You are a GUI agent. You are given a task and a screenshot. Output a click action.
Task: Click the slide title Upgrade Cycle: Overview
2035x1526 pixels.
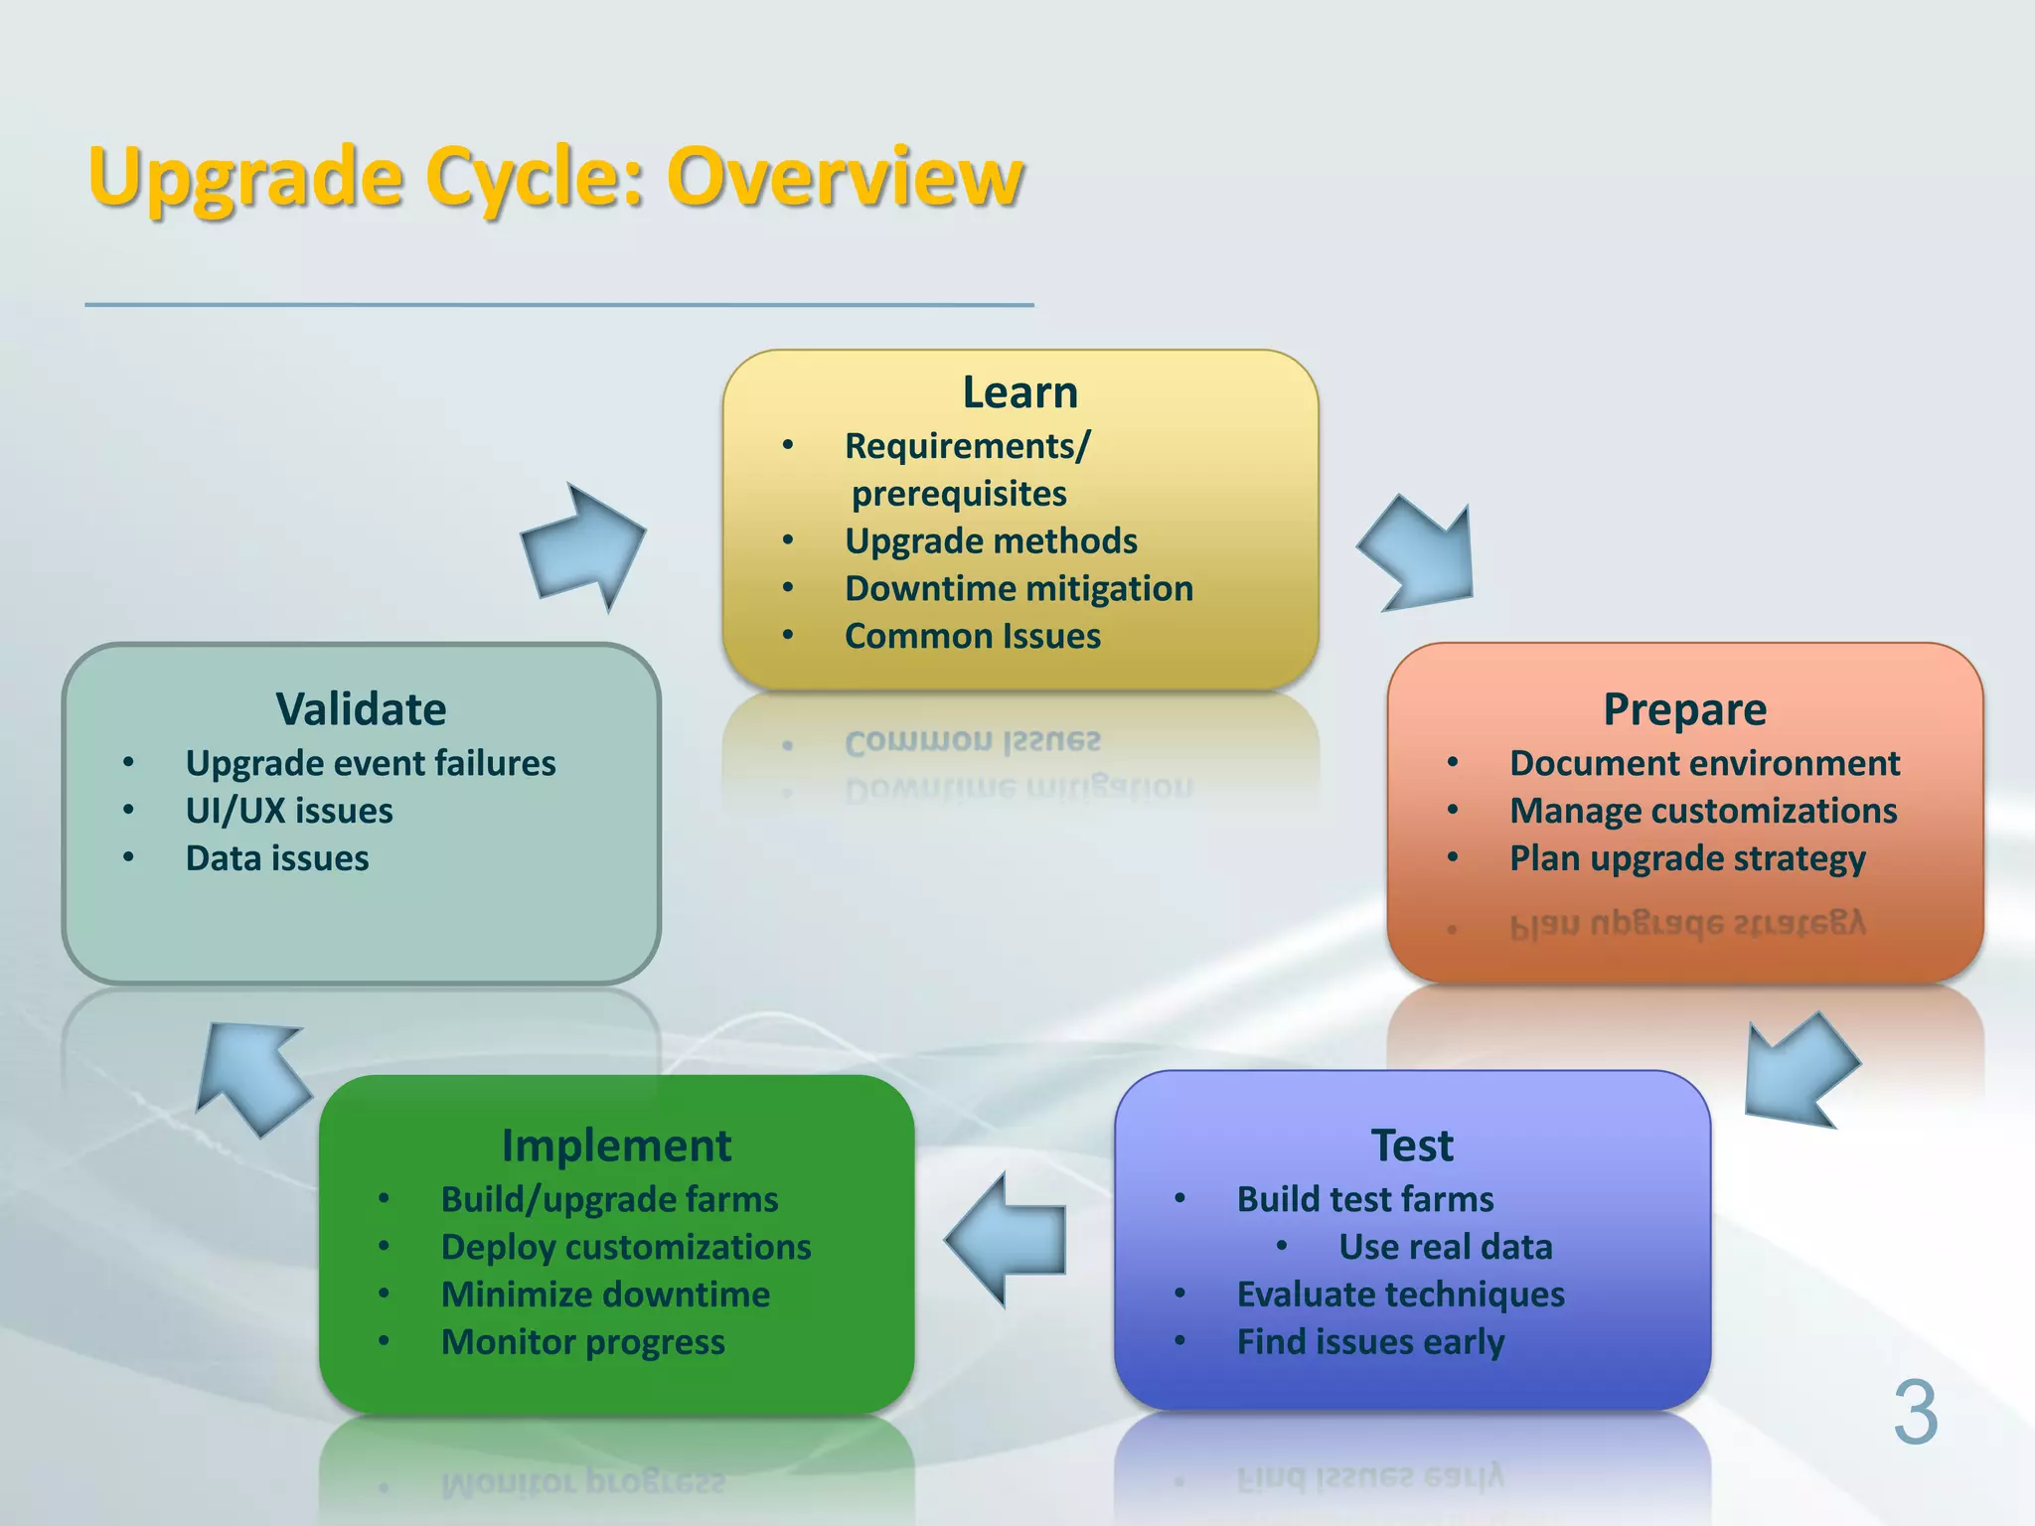coord(555,177)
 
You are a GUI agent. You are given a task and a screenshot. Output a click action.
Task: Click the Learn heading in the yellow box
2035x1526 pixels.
coord(1019,392)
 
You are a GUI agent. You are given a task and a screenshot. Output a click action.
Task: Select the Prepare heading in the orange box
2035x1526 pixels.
coord(1684,709)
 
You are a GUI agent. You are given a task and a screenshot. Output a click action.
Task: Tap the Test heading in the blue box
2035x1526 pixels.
coord(1411,1145)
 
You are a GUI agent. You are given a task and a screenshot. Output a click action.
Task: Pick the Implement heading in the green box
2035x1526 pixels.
coord(616,1145)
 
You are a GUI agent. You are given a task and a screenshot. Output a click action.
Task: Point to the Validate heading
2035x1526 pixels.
coord(361,709)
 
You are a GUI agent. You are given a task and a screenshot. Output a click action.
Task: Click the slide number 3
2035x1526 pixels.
coord(1914,1413)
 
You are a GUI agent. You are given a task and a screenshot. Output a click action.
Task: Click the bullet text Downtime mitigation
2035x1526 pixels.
coord(1018,588)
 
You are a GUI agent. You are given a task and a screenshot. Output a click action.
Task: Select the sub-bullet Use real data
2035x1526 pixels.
coord(1445,1247)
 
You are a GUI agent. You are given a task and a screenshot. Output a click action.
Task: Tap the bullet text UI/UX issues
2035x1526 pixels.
coord(289,811)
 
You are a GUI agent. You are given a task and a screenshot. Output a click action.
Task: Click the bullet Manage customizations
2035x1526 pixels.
coord(1703,811)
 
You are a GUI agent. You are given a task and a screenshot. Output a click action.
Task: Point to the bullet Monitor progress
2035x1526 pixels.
coord(582,1342)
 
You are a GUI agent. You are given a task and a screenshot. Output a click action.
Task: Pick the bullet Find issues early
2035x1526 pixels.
coord(1370,1342)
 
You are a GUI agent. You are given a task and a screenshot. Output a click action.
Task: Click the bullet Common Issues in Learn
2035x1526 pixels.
coord(972,636)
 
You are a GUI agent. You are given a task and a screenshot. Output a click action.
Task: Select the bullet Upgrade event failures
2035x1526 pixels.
coord(370,763)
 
